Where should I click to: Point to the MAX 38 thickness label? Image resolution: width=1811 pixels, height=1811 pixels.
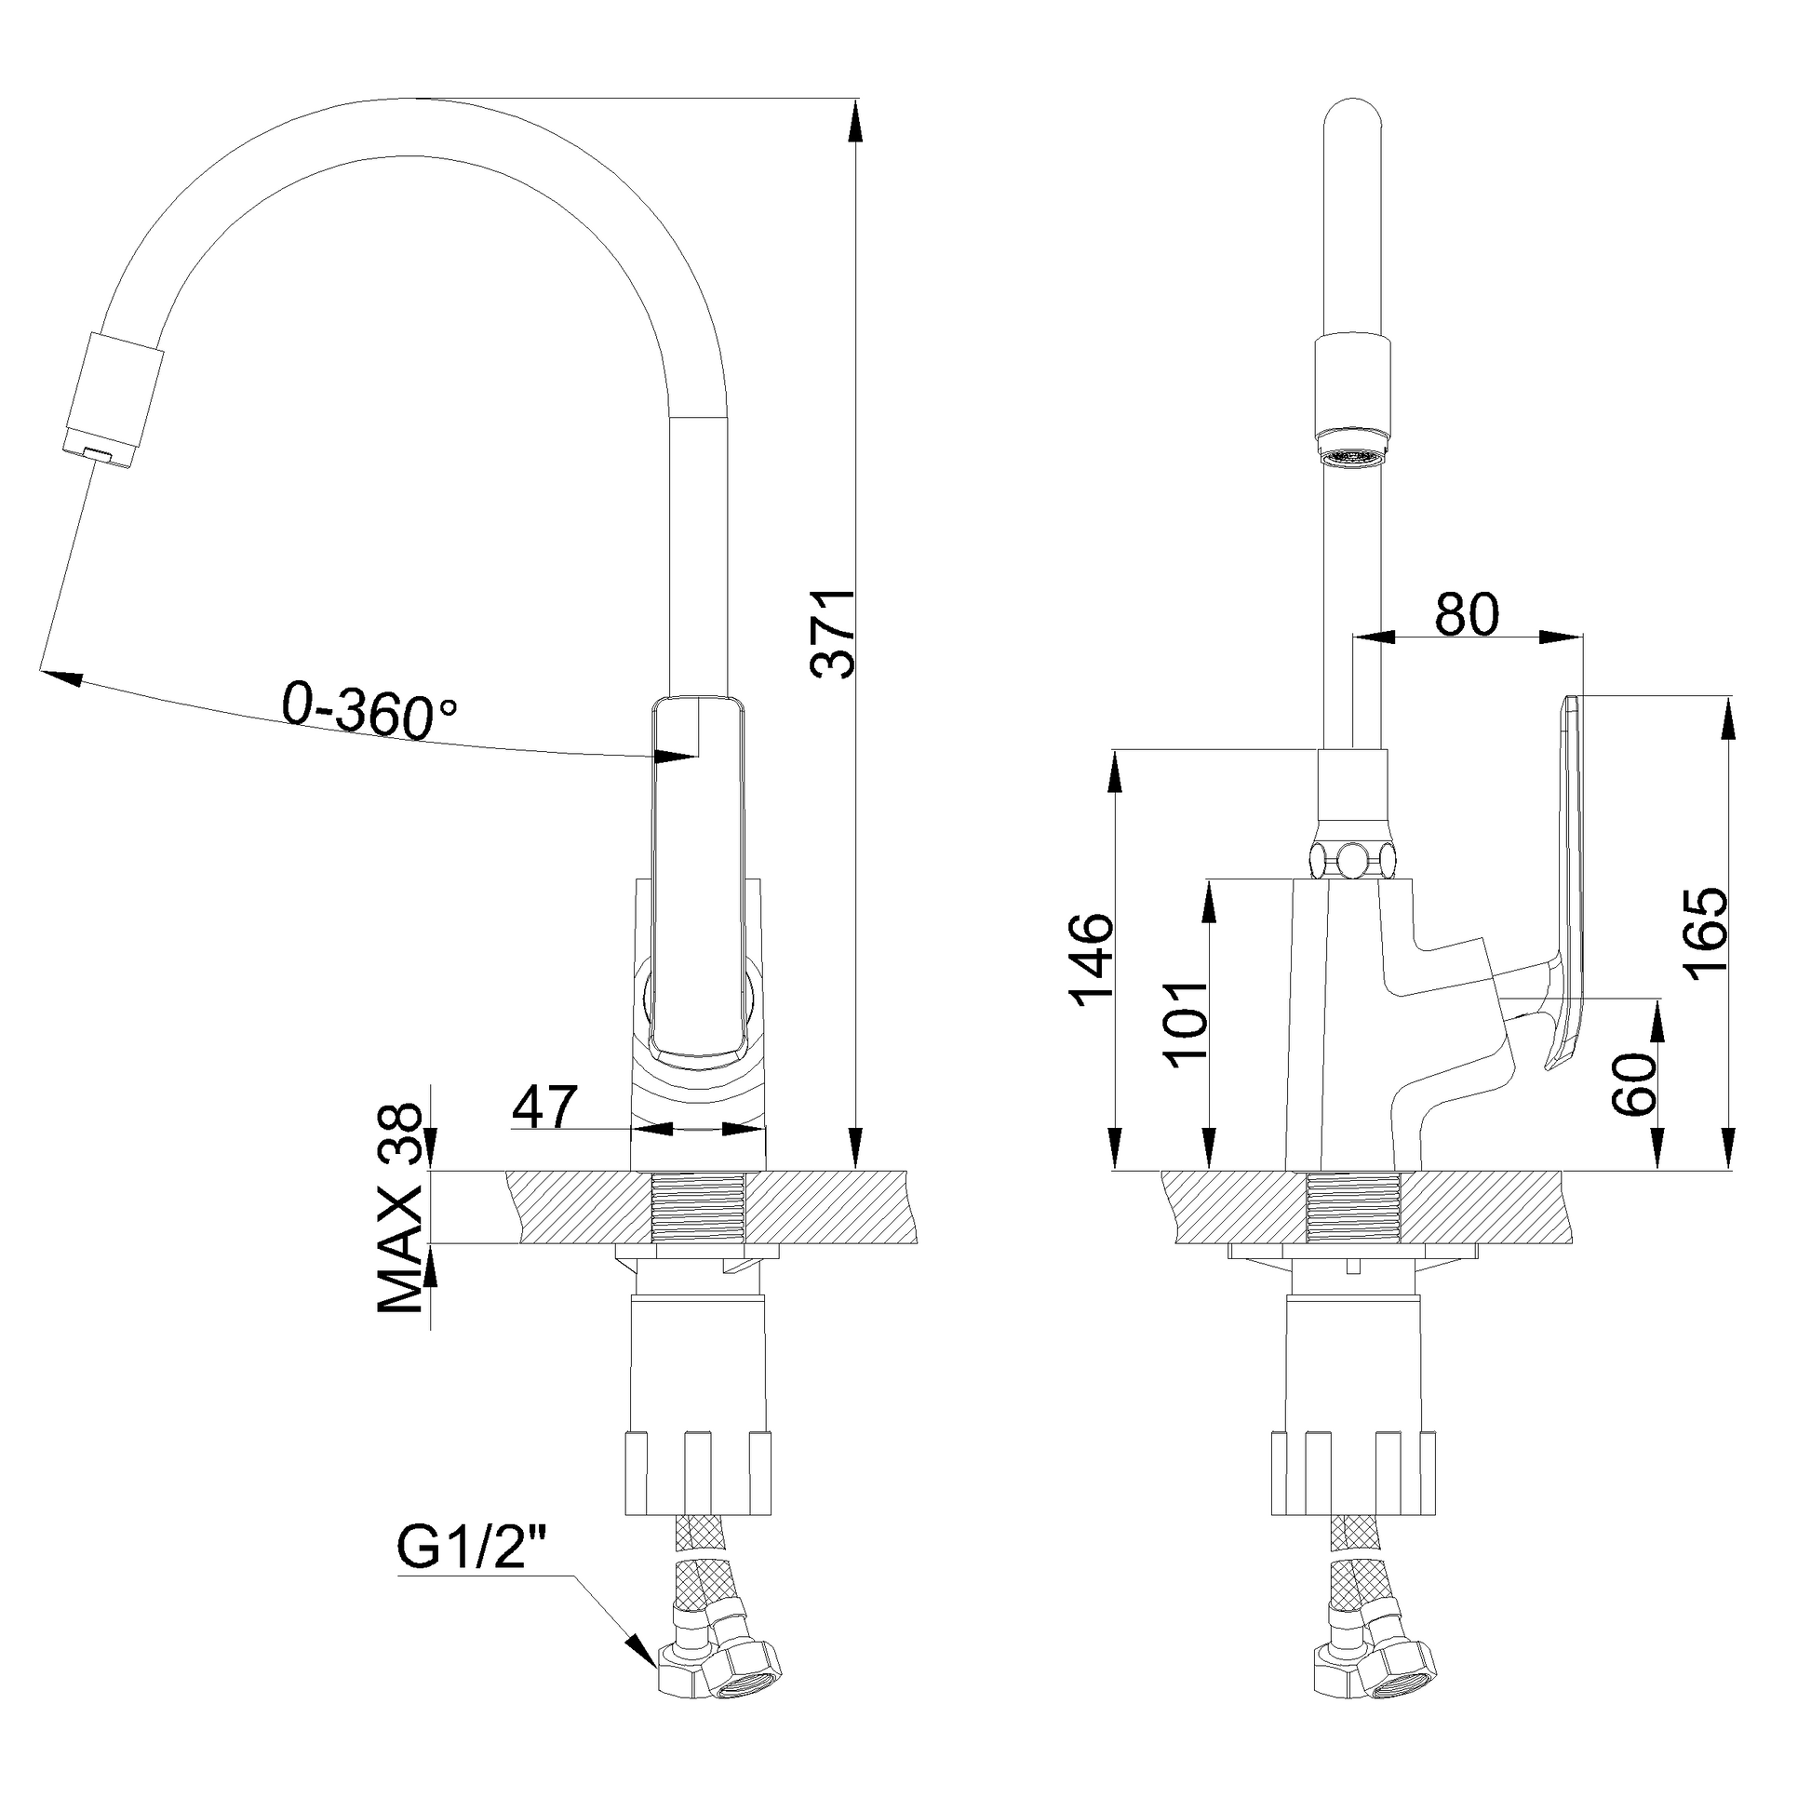[400, 1209]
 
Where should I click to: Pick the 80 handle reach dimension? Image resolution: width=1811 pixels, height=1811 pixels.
[1467, 615]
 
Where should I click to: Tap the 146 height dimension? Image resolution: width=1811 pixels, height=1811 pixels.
[1093, 959]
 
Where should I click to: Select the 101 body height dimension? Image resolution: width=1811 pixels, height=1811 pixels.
[1184, 1026]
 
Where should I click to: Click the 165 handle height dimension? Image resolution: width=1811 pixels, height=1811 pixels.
[1706, 933]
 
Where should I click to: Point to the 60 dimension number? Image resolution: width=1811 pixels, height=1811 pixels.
[1635, 1083]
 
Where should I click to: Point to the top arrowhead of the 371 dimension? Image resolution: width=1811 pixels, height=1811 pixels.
[855, 122]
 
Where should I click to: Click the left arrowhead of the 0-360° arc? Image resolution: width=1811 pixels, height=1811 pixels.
[58, 677]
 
